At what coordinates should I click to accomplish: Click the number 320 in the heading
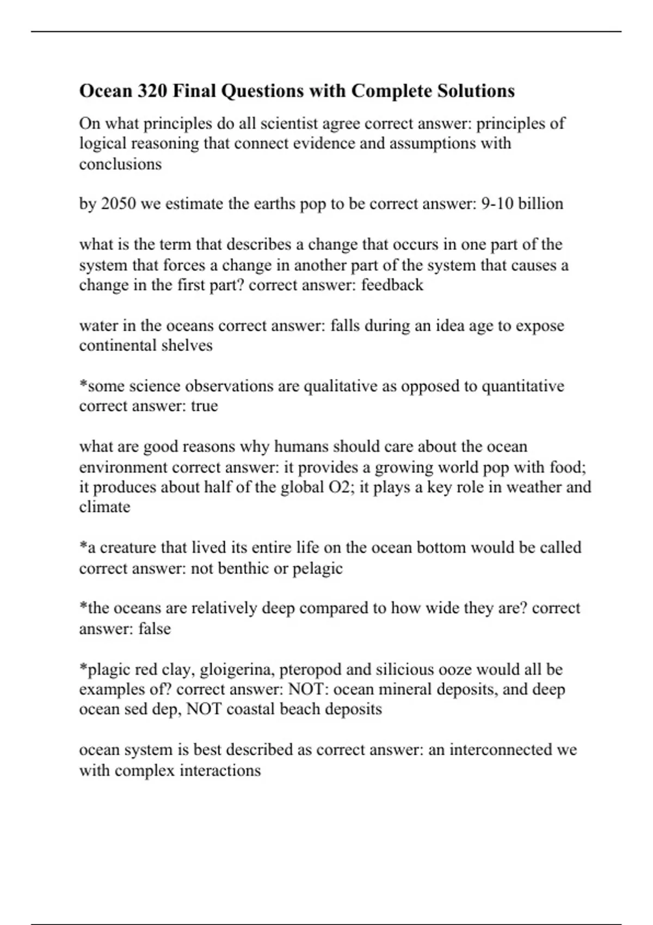(x=152, y=91)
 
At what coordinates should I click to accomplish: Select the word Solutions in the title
(x=476, y=91)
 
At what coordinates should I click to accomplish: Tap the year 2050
(x=119, y=204)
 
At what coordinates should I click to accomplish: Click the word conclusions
(x=120, y=164)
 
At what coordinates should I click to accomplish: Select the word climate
(x=104, y=507)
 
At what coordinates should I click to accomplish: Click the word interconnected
(x=500, y=750)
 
